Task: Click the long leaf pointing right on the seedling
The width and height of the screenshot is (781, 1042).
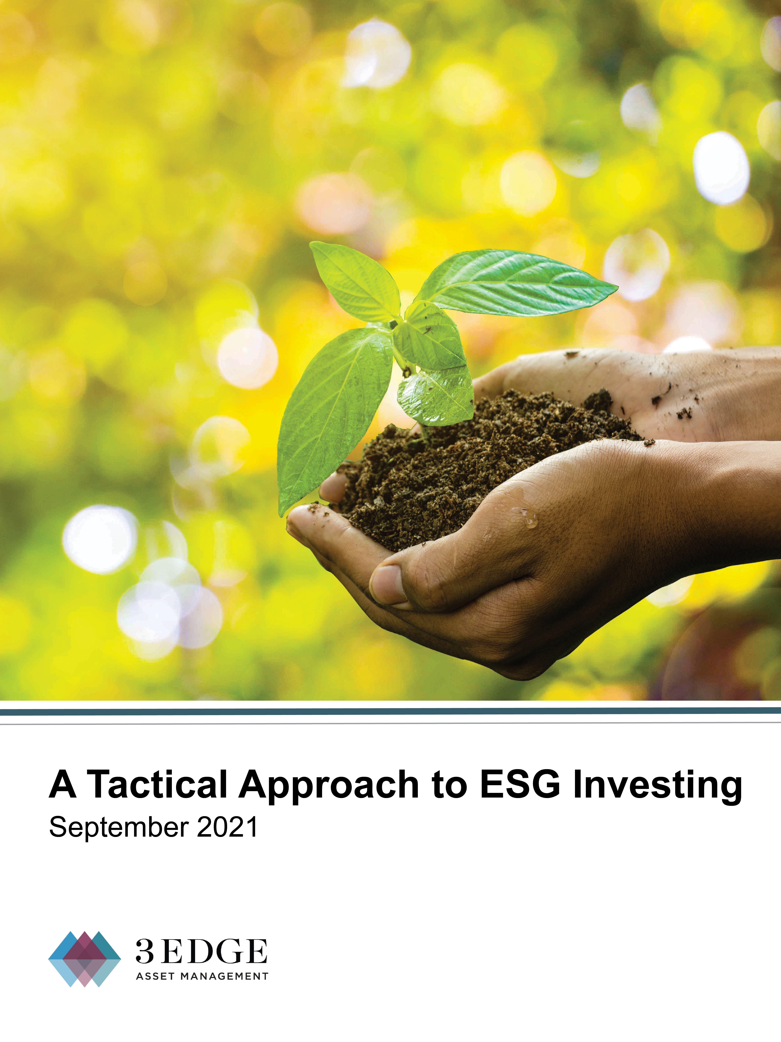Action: coord(515,283)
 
